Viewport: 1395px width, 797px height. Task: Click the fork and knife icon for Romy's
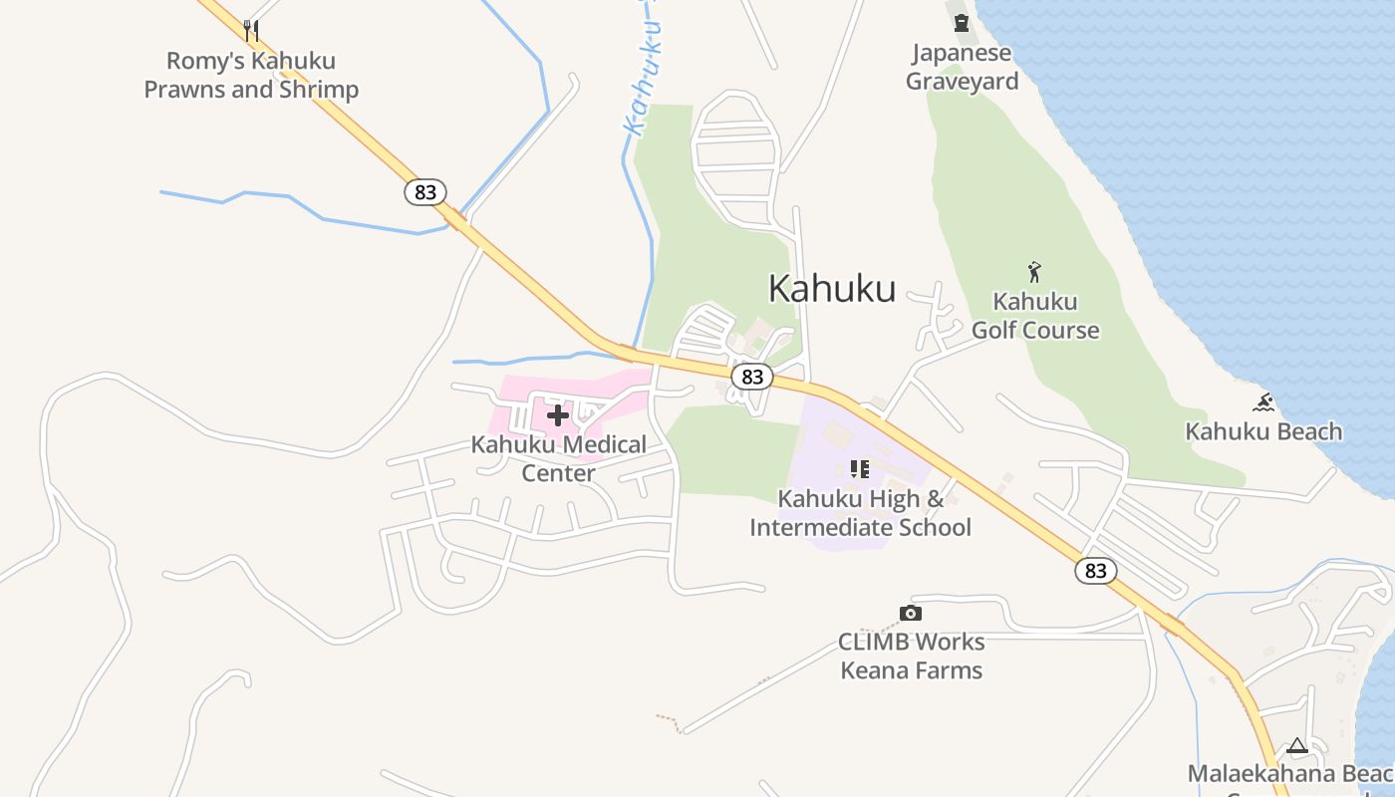pyautogui.click(x=251, y=31)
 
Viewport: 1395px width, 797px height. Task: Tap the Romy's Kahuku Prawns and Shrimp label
pyautogui.click(x=251, y=75)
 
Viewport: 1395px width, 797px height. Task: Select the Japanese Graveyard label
pyautogui.click(x=962, y=67)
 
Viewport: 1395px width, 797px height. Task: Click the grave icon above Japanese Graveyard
pyautogui.click(x=962, y=22)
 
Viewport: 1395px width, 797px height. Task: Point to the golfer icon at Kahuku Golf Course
pyautogui.click(x=1034, y=271)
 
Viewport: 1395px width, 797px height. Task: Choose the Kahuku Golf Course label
pyautogui.click(x=1035, y=316)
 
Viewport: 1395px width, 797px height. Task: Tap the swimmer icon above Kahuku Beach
pyautogui.click(x=1263, y=402)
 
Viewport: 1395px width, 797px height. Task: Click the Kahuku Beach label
pyautogui.click(x=1263, y=431)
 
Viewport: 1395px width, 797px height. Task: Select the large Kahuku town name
pyautogui.click(x=832, y=288)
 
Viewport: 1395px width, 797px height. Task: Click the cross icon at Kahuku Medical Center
pyautogui.click(x=558, y=414)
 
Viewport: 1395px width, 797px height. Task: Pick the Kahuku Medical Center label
pyautogui.click(x=559, y=458)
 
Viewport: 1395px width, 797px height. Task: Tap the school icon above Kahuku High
pyautogui.click(x=860, y=468)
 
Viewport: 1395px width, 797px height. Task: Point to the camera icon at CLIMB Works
pyautogui.click(x=910, y=613)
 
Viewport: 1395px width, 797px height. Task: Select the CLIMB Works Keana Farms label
pyautogui.click(x=912, y=656)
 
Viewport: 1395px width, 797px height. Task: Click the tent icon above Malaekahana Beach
pyautogui.click(x=1296, y=745)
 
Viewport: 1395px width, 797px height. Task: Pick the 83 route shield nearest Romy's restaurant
pyautogui.click(x=425, y=192)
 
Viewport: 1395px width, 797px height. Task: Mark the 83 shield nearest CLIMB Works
pyautogui.click(x=1095, y=571)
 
